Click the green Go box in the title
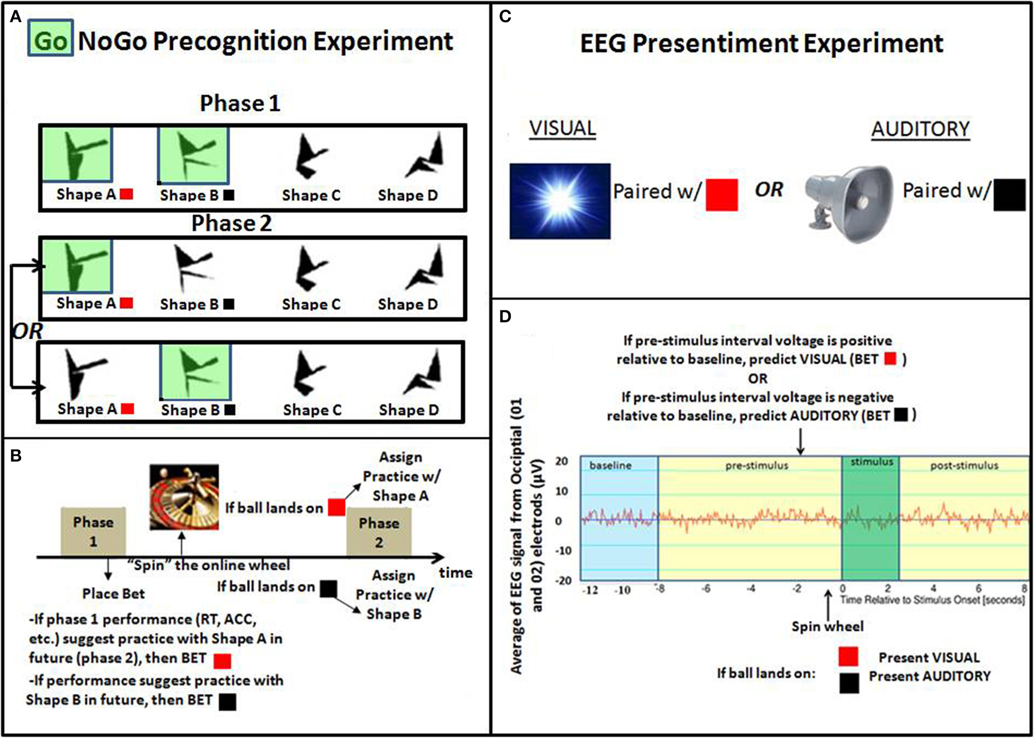(x=50, y=39)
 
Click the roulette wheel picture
(x=184, y=497)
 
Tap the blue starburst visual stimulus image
(x=560, y=201)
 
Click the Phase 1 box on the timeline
(x=93, y=531)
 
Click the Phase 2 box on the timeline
(x=379, y=532)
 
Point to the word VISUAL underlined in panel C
(x=562, y=128)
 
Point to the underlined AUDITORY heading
(x=921, y=129)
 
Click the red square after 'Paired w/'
(x=721, y=194)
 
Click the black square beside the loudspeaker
(x=1009, y=194)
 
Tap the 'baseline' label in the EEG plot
(x=610, y=465)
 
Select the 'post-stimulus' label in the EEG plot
(x=964, y=466)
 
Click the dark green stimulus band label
(x=871, y=462)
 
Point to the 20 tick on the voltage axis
(x=561, y=461)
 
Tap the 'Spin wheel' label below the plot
(x=827, y=626)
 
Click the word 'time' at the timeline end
(x=456, y=572)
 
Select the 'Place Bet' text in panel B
(x=113, y=594)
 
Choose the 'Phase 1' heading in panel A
(x=240, y=103)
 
